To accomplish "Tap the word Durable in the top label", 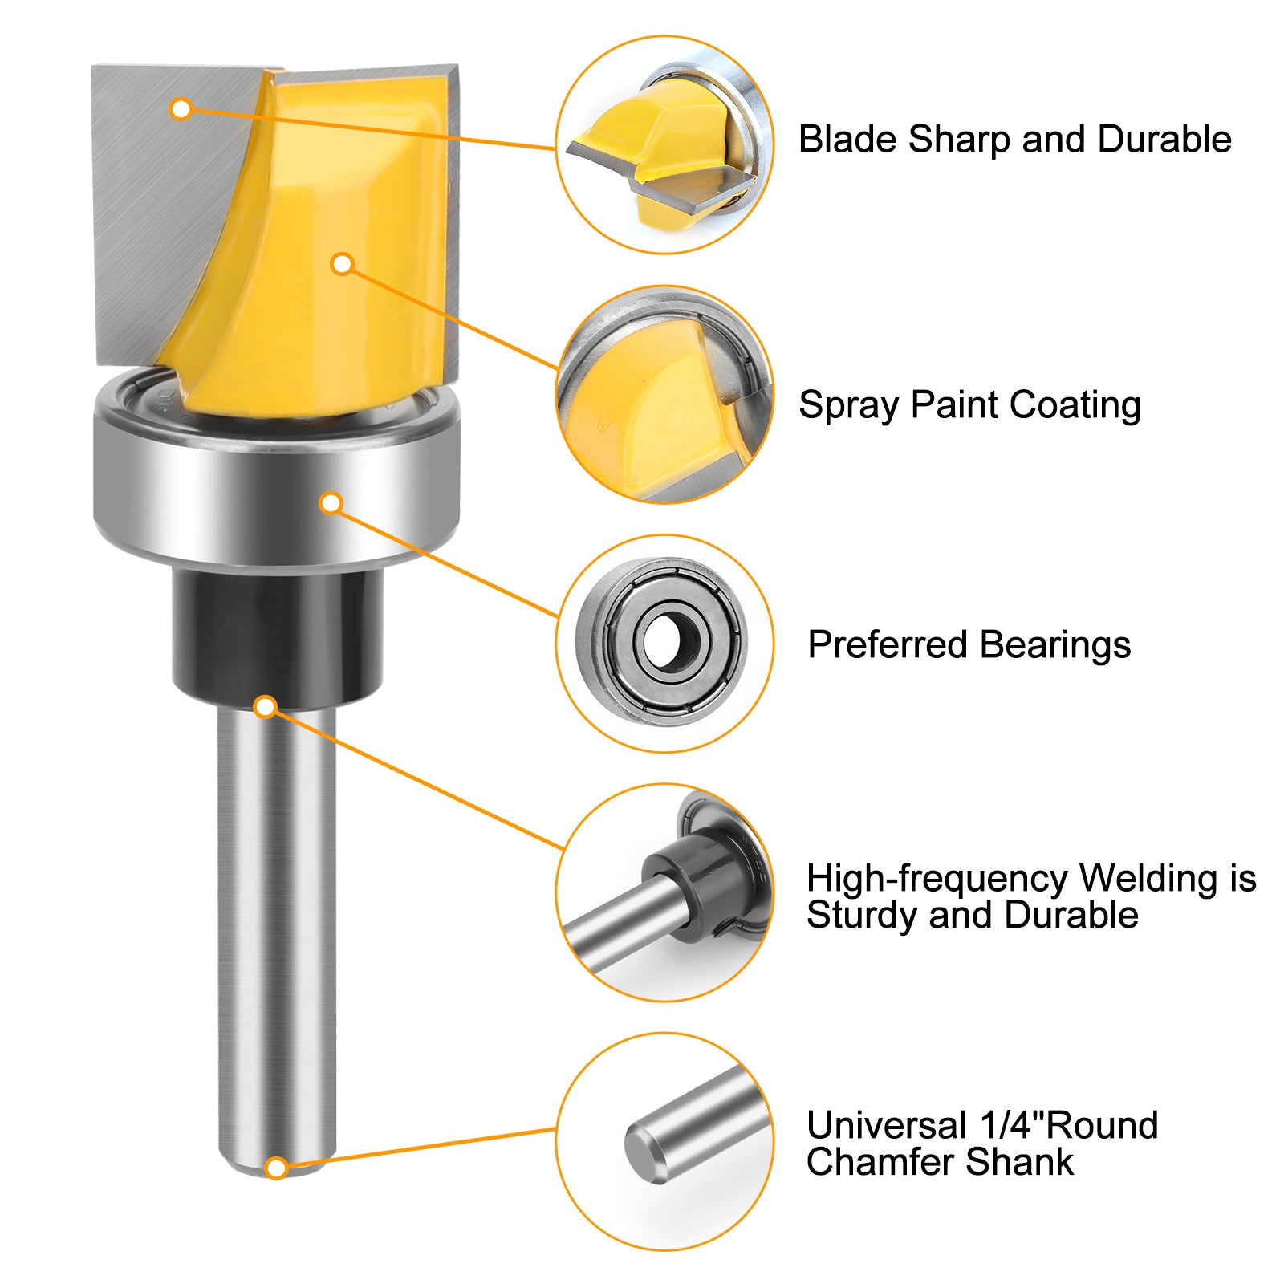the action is (1164, 139).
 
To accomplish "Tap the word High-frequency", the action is (937, 879).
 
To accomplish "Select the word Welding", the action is (1148, 879).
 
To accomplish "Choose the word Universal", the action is (887, 1125).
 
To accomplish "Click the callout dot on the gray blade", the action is (181, 108).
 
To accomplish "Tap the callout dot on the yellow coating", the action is (343, 263).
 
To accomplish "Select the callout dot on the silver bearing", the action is (331, 503).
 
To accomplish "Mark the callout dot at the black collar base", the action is (266, 707).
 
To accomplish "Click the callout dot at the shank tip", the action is (276, 1168).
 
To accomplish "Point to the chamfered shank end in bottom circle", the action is (645, 1154).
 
